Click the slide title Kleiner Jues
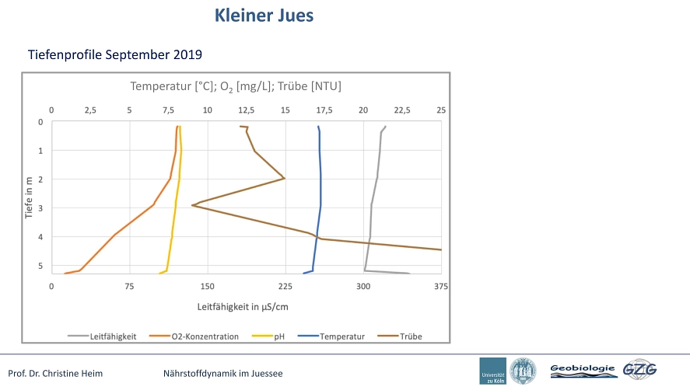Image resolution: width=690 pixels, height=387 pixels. pyautogui.click(x=264, y=16)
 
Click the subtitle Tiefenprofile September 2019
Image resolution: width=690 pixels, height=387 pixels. pyautogui.click(x=115, y=54)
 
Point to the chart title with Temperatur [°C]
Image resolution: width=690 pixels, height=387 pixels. pyautogui.click(x=236, y=86)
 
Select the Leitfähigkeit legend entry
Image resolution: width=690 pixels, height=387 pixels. pyautogui.click(x=102, y=336)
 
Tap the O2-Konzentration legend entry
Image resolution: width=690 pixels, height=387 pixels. pyautogui.click(x=194, y=336)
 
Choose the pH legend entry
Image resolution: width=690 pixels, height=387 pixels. pyautogui.click(x=268, y=336)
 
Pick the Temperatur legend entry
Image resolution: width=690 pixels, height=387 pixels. pyautogui.click(x=331, y=336)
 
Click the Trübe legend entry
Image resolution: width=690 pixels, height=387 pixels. pyautogui.click(x=400, y=336)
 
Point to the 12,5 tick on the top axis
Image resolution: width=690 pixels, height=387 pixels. pyautogui.click(x=247, y=110)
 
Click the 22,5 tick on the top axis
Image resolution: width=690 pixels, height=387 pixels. pyautogui.click(x=402, y=110)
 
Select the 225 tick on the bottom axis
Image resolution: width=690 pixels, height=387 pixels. pyautogui.click(x=285, y=286)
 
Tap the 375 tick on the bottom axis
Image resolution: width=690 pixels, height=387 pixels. pyautogui.click(x=441, y=286)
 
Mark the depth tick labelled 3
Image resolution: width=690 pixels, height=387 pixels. pyautogui.click(x=40, y=208)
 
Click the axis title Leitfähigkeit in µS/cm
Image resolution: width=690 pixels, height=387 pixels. pyautogui.click(x=243, y=307)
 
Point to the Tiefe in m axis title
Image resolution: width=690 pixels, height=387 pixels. pyautogui.click(x=29, y=197)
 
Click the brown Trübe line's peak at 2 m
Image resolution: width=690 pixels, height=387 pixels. pyautogui.click(x=285, y=178)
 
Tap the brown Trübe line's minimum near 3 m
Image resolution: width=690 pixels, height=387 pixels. pyautogui.click(x=192, y=205)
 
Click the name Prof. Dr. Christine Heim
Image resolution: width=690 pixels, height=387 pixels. pyautogui.click(x=55, y=373)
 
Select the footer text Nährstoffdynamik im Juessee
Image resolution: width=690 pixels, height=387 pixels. pyautogui.click(x=223, y=373)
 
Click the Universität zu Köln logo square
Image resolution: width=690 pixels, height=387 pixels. pyautogui.click(x=493, y=371)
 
